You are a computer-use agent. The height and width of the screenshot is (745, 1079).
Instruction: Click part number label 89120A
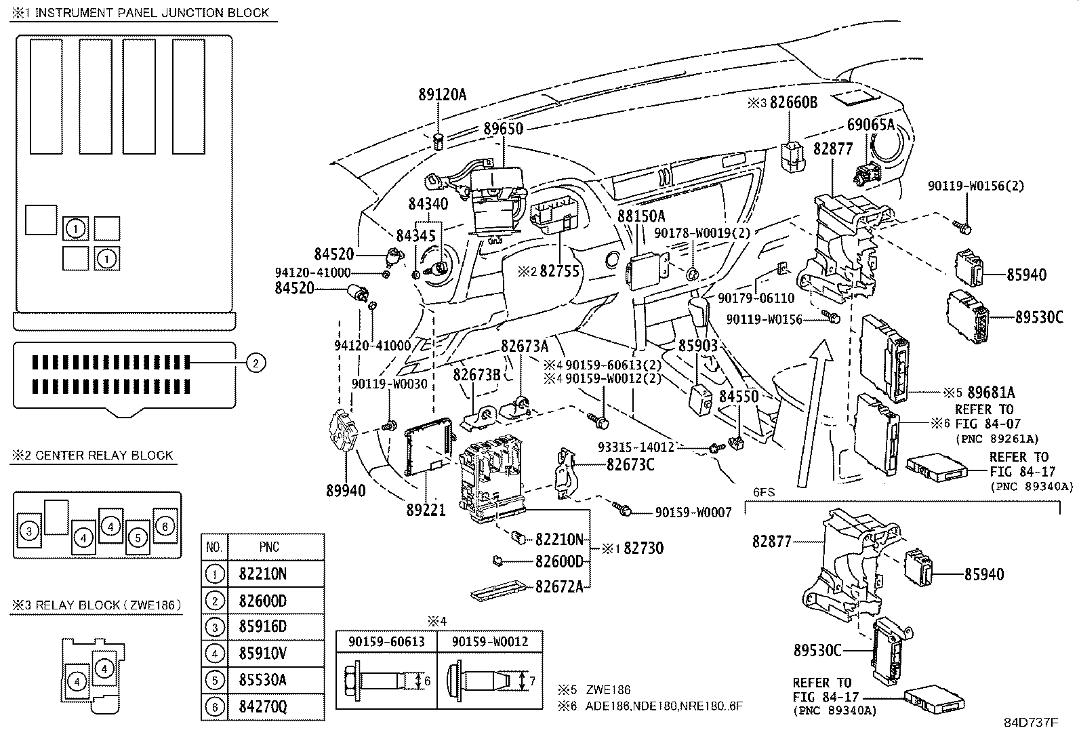pyautogui.click(x=442, y=95)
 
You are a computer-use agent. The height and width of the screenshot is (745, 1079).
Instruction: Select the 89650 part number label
pyautogui.click(x=503, y=128)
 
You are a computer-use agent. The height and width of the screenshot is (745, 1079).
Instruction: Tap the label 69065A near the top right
pyautogui.click(x=871, y=124)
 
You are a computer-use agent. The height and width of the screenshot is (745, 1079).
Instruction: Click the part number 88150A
pyautogui.click(x=640, y=216)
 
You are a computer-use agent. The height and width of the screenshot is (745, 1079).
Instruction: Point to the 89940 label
pyautogui.click(x=345, y=490)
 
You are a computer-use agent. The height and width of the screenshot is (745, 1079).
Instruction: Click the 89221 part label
pyautogui.click(x=426, y=508)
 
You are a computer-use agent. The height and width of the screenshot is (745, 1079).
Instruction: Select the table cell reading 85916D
pyautogui.click(x=263, y=626)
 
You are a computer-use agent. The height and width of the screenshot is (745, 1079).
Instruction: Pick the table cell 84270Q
pyautogui.click(x=263, y=706)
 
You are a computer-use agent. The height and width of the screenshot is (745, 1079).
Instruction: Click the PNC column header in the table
pyautogui.click(x=269, y=547)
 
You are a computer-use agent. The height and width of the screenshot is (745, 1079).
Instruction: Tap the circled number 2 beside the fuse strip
pyautogui.click(x=255, y=363)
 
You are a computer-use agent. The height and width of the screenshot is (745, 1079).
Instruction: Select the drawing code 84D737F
pyautogui.click(x=1031, y=723)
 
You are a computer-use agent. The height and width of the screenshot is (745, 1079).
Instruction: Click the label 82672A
pyautogui.click(x=559, y=587)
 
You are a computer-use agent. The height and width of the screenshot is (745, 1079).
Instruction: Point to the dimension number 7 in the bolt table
pyautogui.click(x=532, y=681)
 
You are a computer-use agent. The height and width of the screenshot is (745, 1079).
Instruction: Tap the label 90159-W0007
pyautogui.click(x=693, y=512)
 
